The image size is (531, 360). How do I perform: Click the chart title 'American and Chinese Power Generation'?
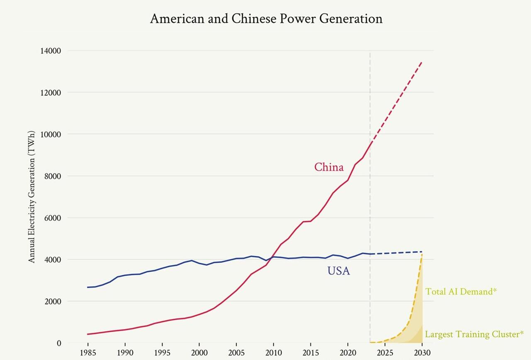click(266, 19)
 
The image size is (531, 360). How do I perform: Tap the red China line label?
click(329, 167)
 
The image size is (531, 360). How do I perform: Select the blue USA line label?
click(339, 271)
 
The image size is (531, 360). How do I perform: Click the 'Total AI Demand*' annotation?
click(460, 291)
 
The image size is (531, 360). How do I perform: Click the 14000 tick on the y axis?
click(51, 51)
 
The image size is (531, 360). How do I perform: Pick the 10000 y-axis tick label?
click(51, 134)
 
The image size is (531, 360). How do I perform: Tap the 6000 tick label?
click(52, 218)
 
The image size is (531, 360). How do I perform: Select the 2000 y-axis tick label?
click(52, 301)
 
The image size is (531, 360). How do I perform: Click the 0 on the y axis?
click(58, 343)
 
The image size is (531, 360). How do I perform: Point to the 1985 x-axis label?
click(88, 353)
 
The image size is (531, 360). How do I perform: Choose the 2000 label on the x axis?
click(199, 353)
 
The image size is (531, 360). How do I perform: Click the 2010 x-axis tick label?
click(273, 353)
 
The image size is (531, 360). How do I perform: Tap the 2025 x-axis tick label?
click(385, 353)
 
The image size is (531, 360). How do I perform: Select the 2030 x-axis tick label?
click(422, 353)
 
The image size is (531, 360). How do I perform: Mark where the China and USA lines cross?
click(273, 257)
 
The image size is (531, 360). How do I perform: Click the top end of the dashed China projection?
click(422, 62)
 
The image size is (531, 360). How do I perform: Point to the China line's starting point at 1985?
click(88, 334)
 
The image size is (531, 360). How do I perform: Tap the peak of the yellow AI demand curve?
click(422, 254)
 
